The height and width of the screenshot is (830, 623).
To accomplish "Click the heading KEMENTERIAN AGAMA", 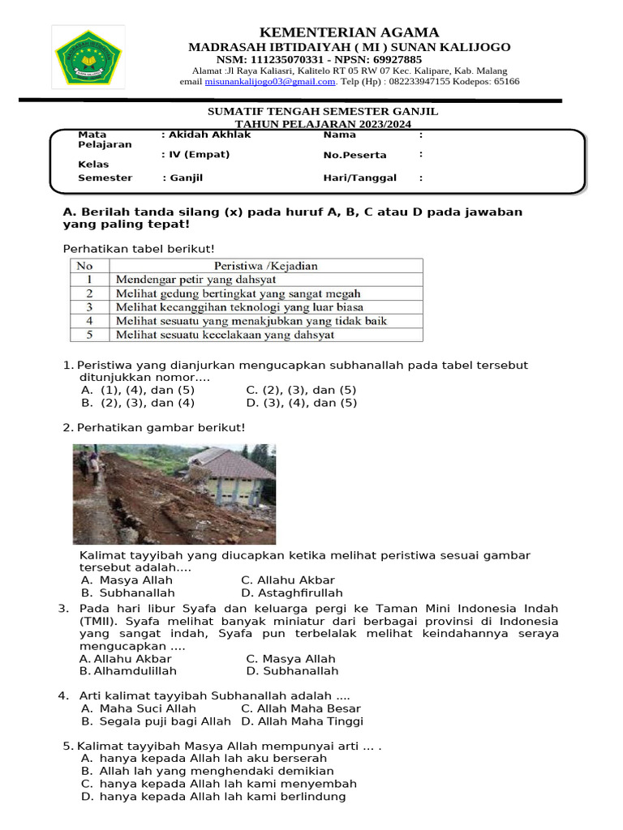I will coord(349,32).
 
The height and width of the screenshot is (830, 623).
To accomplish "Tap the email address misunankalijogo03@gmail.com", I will coord(270,82).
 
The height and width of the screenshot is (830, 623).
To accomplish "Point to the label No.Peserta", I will coord(354,155).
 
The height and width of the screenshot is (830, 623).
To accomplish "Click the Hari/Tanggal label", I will coord(359,178).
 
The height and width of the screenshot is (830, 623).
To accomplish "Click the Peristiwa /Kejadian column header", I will coord(265,265).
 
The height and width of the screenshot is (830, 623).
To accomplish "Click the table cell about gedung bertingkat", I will coord(238,293).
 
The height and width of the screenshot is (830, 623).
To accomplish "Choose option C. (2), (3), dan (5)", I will coord(301,390).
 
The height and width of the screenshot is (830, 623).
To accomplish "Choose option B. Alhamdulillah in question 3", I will coord(128,671).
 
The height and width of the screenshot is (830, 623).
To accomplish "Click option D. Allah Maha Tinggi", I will coord(302,721).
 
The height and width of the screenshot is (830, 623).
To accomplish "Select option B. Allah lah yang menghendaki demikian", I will coord(208,771).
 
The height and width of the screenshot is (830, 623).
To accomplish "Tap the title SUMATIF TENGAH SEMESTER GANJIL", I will coord(323,111).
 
